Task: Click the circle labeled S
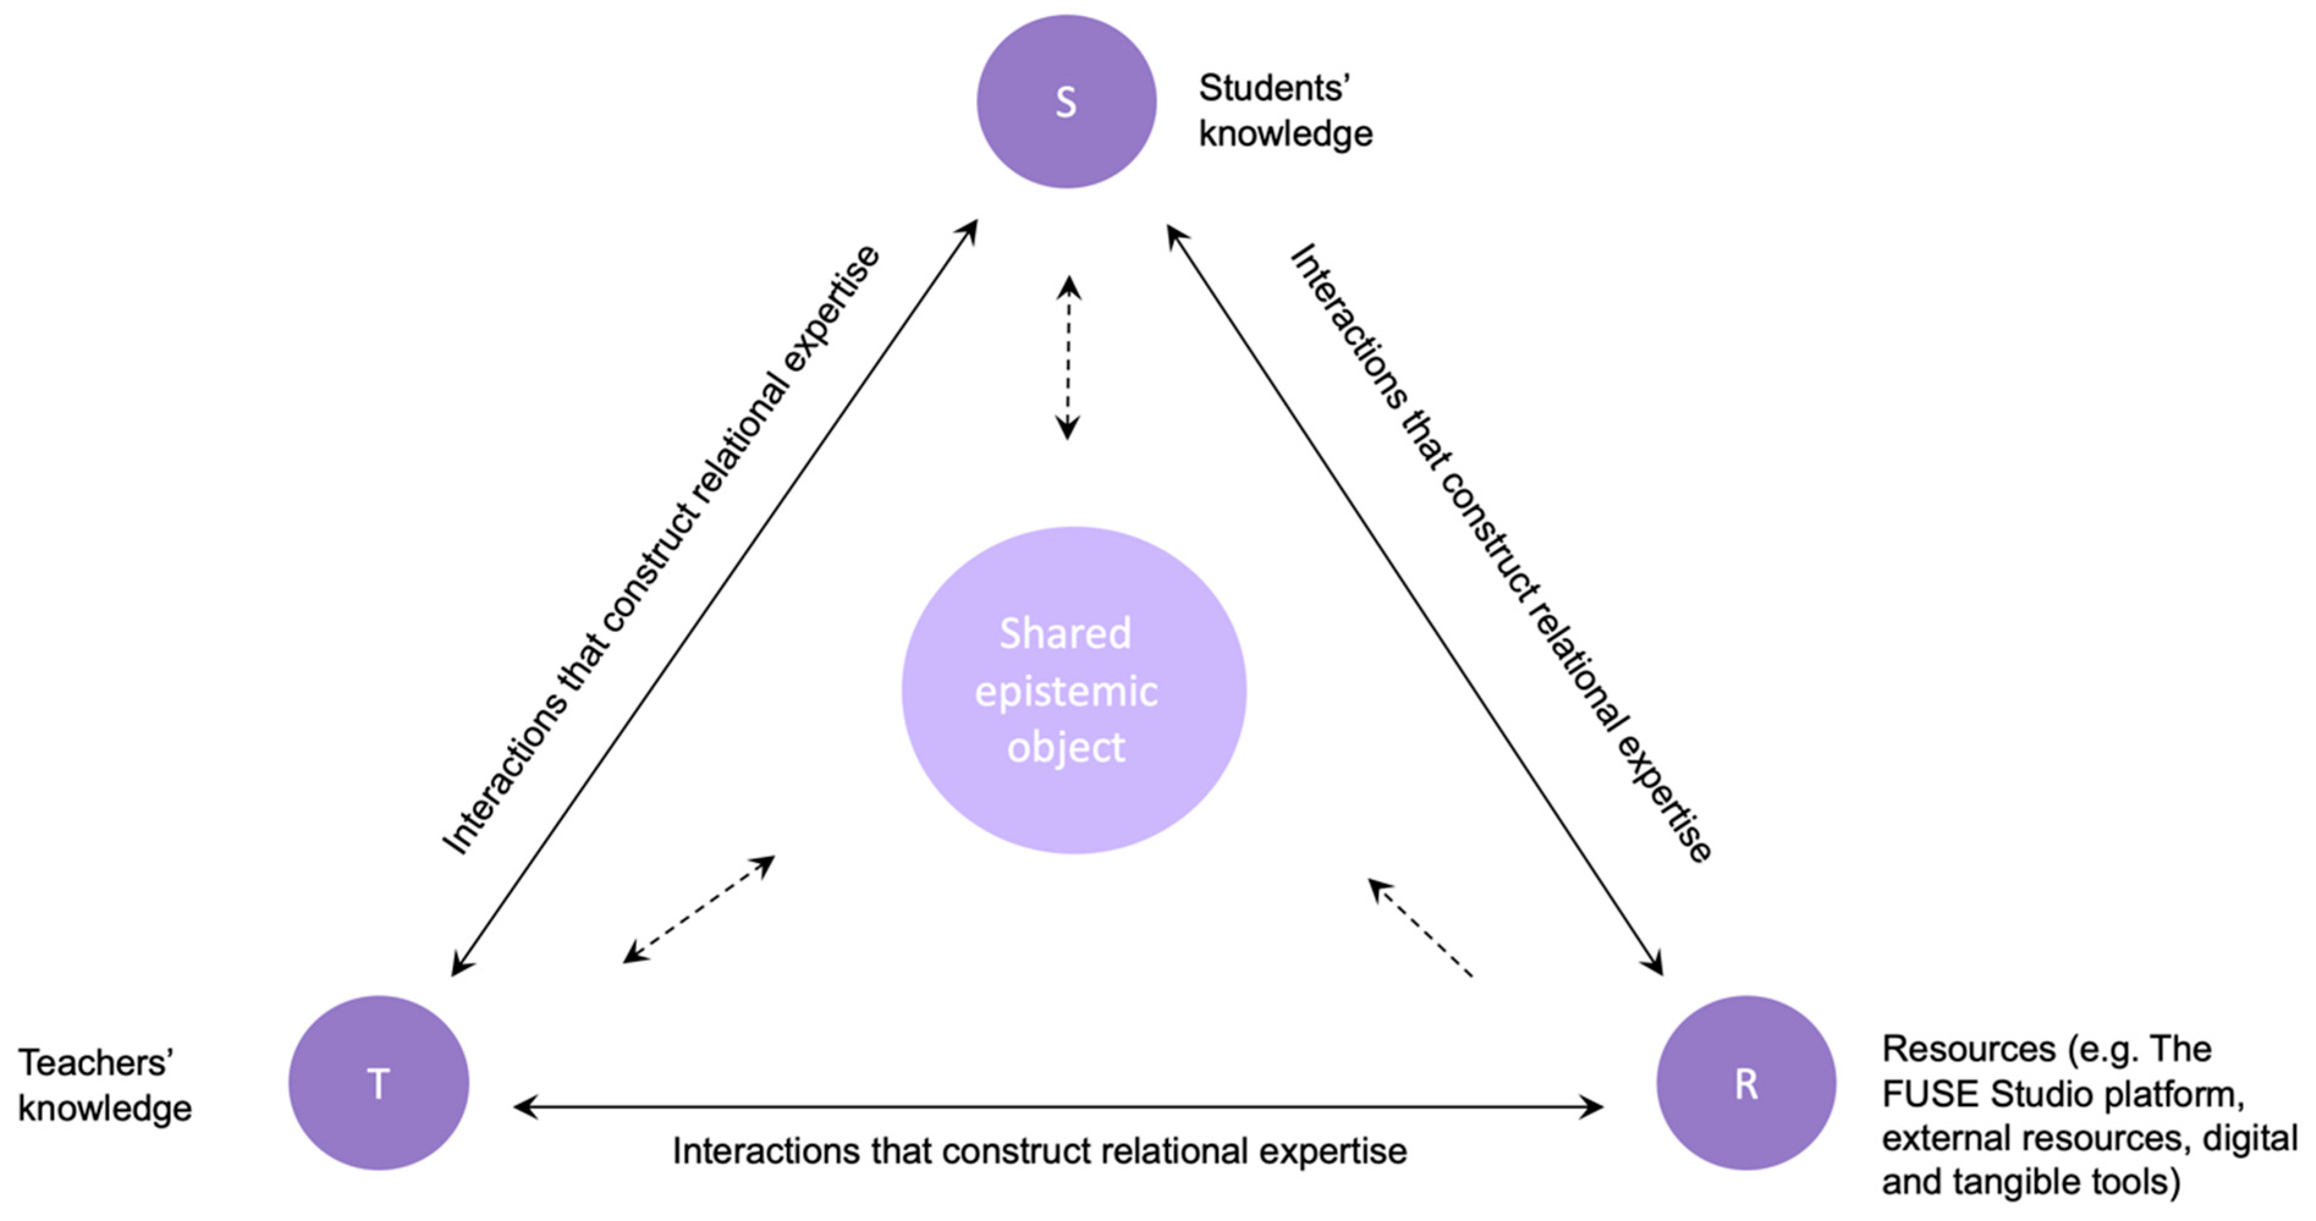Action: click(x=1066, y=101)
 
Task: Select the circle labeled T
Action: click(x=379, y=1082)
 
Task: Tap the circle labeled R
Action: click(x=1746, y=1082)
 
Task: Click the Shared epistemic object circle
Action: click(x=1073, y=689)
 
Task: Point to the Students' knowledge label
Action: click(x=1285, y=111)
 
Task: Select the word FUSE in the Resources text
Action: click(x=1931, y=1094)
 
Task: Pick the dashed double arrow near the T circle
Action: click(x=698, y=909)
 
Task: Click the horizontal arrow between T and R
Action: click(x=1058, y=1107)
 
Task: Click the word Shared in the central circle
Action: click(x=1065, y=634)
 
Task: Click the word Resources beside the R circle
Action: click(x=1969, y=1049)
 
